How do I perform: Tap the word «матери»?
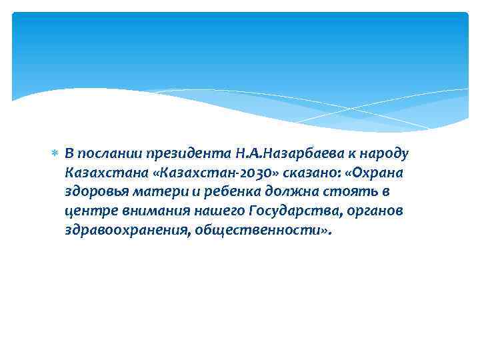click(x=153, y=192)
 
